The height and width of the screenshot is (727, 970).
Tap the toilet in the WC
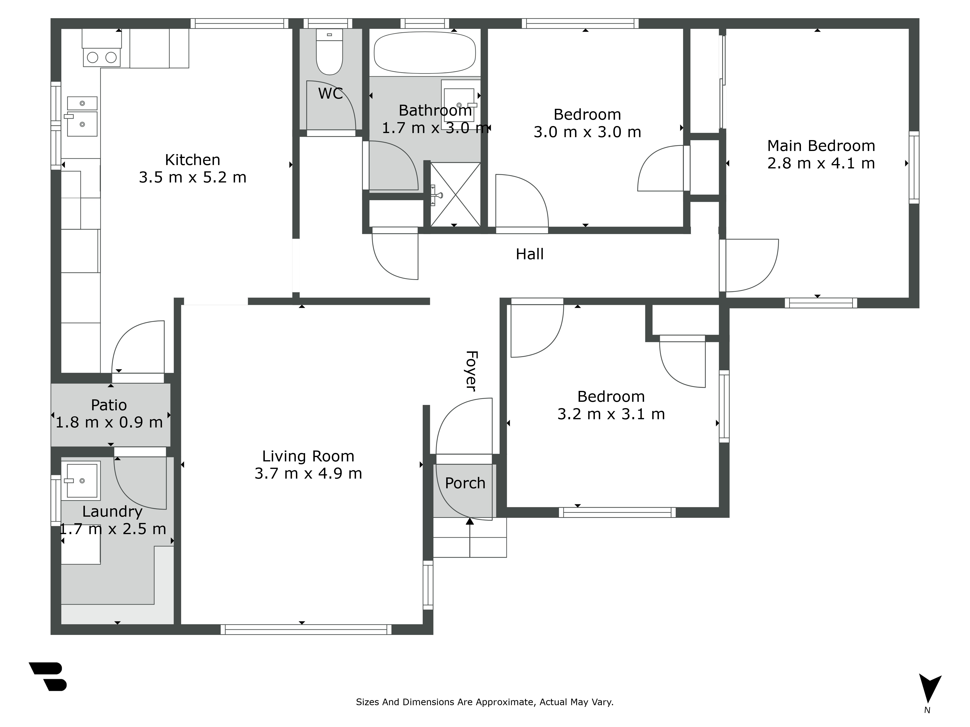(x=329, y=52)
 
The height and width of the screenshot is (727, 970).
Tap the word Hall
(x=529, y=254)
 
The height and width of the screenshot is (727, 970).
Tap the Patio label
(x=109, y=405)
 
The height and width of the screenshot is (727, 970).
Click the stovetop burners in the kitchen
(x=101, y=57)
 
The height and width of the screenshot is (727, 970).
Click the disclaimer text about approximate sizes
(x=485, y=702)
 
